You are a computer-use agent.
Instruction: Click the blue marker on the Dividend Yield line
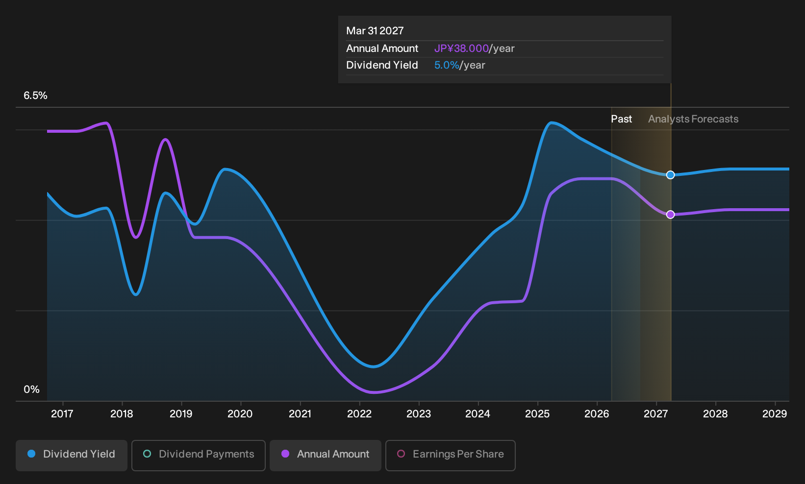pos(670,175)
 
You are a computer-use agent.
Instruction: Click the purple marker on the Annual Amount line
pos(670,215)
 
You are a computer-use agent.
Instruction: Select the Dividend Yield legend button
pos(72,455)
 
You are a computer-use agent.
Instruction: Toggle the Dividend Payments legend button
pos(199,455)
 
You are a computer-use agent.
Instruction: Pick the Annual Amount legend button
pos(325,455)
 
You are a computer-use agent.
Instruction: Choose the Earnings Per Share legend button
pos(450,455)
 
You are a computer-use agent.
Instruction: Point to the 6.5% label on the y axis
pos(35,96)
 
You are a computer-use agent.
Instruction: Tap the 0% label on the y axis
pos(32,389)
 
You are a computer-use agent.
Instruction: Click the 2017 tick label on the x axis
pos(62,413)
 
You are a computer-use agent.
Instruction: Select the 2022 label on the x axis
pos(359,413)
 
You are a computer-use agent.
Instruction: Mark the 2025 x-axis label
pos(537,413)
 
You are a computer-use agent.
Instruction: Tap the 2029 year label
pos(775,413)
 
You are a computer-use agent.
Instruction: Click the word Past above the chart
pos(621,119)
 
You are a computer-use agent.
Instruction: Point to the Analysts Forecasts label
pos(693,119)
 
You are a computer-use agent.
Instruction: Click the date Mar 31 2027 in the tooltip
pos(375,31)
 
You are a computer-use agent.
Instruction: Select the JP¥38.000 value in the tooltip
pos(461,48)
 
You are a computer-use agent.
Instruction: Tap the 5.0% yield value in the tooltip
pos(447,65)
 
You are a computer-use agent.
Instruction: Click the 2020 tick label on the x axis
pos(240,413)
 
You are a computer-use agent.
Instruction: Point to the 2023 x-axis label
pos(419,413)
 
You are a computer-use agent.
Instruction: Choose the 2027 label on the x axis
pos(656,413)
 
